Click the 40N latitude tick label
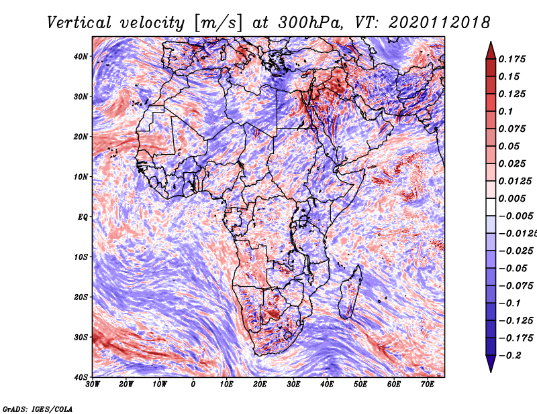(x=81, y=56)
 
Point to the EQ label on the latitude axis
(x=83, y=217)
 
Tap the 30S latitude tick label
(x=81, y=337)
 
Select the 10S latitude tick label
(x=81, y=257)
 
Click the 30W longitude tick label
(x=93, y=385)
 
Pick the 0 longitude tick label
(x=193, y=385)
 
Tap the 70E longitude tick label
(x=428, y=385)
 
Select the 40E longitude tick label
(x=327, y=385)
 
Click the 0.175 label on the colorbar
(x=512, y=59)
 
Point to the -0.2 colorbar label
(x=509, y=356)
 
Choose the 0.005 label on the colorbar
(x=512, y=198)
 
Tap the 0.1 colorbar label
(x=505, y=111)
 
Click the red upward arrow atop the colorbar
(x=491, y=52)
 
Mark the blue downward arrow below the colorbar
(x=491, y=363)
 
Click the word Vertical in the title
(x=79, y=23)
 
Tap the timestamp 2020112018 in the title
(x=439, y=23)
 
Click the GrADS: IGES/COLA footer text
(x=38, y=409)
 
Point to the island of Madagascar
(x=350, y=293)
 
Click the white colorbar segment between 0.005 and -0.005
(x=491, y=207)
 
